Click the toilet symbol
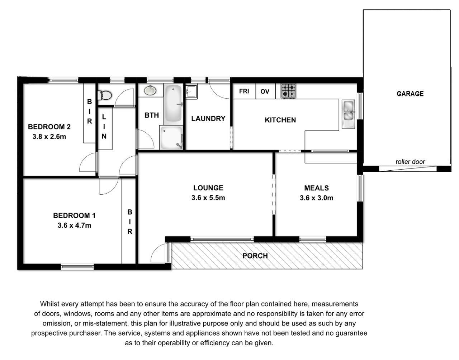(x=104, y=95)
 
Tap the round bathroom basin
(x=150, y=90)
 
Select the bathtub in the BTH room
(x=173, y=104)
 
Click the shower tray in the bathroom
(x=171, y=137)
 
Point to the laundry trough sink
(x=191, y=91)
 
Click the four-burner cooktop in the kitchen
(x=288, y=91)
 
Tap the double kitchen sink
(x=348, y=114)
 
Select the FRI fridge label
(x=244, y=91)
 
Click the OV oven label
(x=265, y=91)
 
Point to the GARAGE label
(x=410, y=94)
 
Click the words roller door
(x=410, y=162)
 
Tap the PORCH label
(x=255, y=256)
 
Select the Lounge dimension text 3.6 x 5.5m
(x=208, y=198)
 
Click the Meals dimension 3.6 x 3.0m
(x=316, y=198)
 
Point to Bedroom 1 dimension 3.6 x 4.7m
(x=74, y=225)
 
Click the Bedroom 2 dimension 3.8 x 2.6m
(x=49, y=137)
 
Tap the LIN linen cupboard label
(x=104, y=127)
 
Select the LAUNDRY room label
(x=208, y=118)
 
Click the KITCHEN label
(x=280, y=120)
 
